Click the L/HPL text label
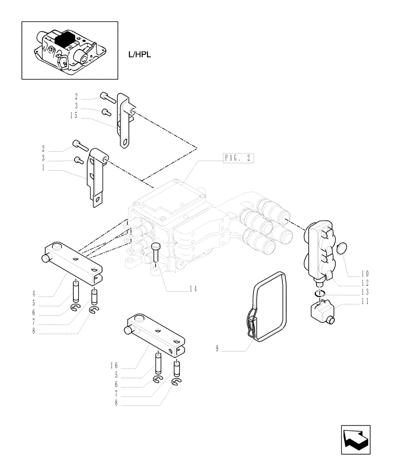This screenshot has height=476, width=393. click(x=139, y=56)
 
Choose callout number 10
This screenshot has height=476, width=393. click(x=364, y=274)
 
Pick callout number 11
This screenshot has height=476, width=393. click(x=364, y=301)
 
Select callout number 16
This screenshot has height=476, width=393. click(x=114, y=365)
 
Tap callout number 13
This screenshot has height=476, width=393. click(x=364, y=292)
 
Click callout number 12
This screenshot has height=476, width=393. click(x=364, y=283)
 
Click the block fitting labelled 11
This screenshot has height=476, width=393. click(x=320, y=312)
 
